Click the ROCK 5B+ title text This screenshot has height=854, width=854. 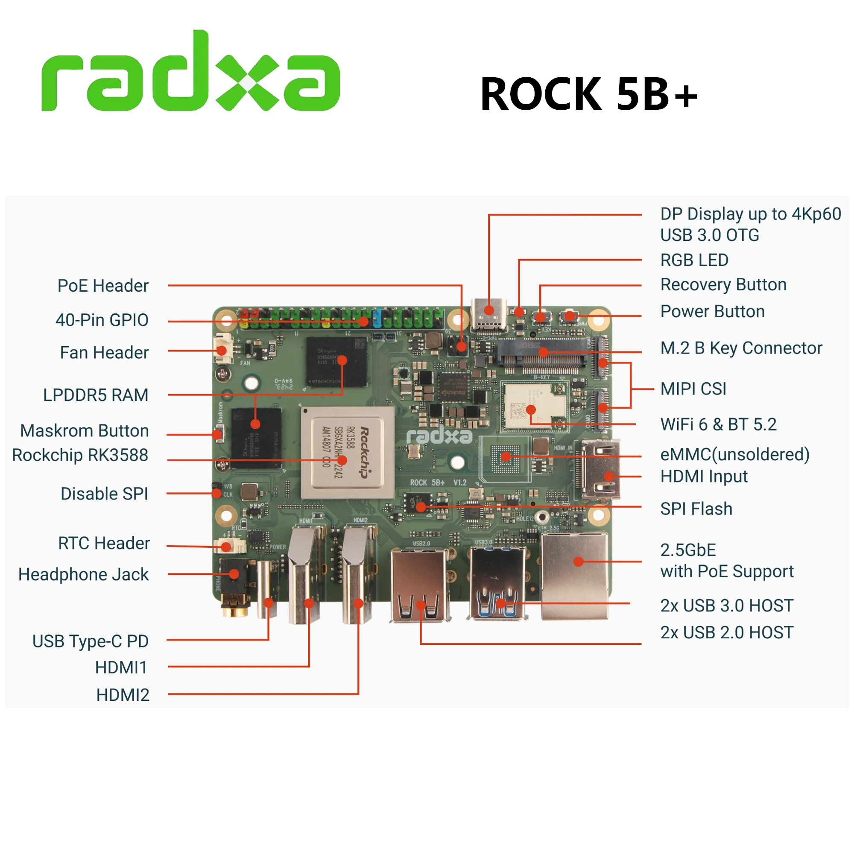click(x=588, y=94)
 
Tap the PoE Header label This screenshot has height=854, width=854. click(x=102, y=286)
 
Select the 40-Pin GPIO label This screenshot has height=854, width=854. click(x=102, y=320)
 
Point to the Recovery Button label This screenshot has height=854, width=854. click(x=723, y=285)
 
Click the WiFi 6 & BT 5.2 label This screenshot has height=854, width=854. click(x=718, y=424)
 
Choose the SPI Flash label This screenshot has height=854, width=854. click(x=696, y=509)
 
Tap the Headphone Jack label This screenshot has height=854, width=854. click(x=83, y=575)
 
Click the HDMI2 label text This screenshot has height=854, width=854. click(x=123, y=695)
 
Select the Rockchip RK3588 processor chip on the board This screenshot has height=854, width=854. click(x=348, y=453)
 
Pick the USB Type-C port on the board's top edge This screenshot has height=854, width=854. click(x=489, y=315)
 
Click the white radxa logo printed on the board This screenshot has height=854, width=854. click(x=439, y=436)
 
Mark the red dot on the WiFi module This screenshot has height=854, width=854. click(x=531, y=410)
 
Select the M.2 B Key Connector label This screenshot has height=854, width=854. click(x=741, y=348)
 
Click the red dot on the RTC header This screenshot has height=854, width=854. click(x=226, y=547)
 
